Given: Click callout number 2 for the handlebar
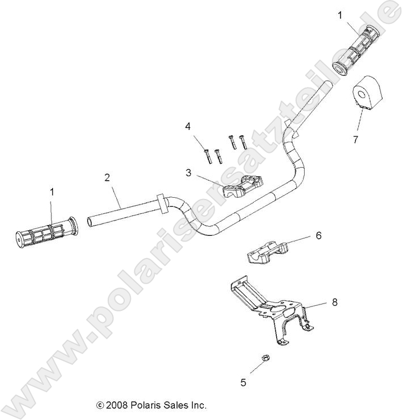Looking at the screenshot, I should coord(106,177).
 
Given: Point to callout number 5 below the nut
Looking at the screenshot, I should coord(243,382).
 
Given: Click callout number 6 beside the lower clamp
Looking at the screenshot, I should coord(318,235).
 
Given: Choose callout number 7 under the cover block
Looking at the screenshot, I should coord(355,140).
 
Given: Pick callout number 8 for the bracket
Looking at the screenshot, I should coord(334,302).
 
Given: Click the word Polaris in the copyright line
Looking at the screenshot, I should coord(147,405).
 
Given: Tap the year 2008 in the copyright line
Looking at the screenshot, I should coord(117,405).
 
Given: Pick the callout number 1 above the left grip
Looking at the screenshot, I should coord(52,192).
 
